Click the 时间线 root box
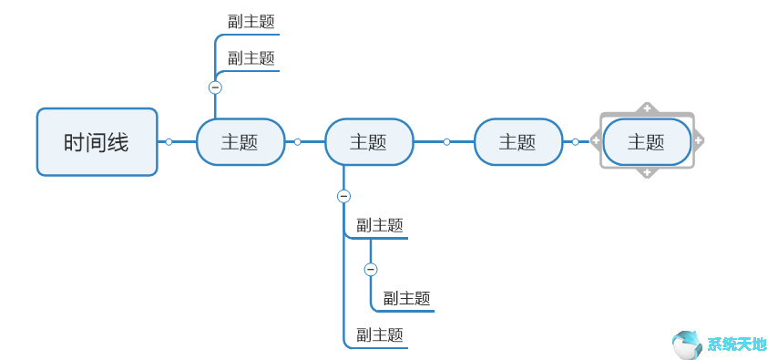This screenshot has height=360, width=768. click(97, 142)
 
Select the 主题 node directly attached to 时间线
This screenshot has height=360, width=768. click(241, 142)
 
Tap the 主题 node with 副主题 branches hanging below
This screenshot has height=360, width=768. click(369, 142)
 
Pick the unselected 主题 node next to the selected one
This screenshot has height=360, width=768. click(517, 142)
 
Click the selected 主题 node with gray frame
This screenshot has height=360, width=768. click(646, 142)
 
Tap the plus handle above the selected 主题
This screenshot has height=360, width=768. click(647, 108)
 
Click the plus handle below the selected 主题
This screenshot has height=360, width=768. click(647, 172)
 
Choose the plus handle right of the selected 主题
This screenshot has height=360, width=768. click(698, 140)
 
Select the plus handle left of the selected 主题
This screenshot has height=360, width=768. click(596, 140)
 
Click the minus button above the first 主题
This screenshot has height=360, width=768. click(215, 87)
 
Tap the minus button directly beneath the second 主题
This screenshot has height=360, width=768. click(343, 196)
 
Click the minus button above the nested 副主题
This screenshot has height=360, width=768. click(370, 269)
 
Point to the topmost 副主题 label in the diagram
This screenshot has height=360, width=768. click(251, 21)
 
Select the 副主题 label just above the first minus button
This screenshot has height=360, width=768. click(251, 58)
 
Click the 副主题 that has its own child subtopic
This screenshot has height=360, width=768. click(380, 225)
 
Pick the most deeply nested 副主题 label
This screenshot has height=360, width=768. click(406, 298)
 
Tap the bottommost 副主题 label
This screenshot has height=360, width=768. click(380, 334)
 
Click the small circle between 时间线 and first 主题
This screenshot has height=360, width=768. click(169, 141)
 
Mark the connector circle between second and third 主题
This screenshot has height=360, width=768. click(446, 141)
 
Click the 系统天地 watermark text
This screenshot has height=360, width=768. click(737, 345)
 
